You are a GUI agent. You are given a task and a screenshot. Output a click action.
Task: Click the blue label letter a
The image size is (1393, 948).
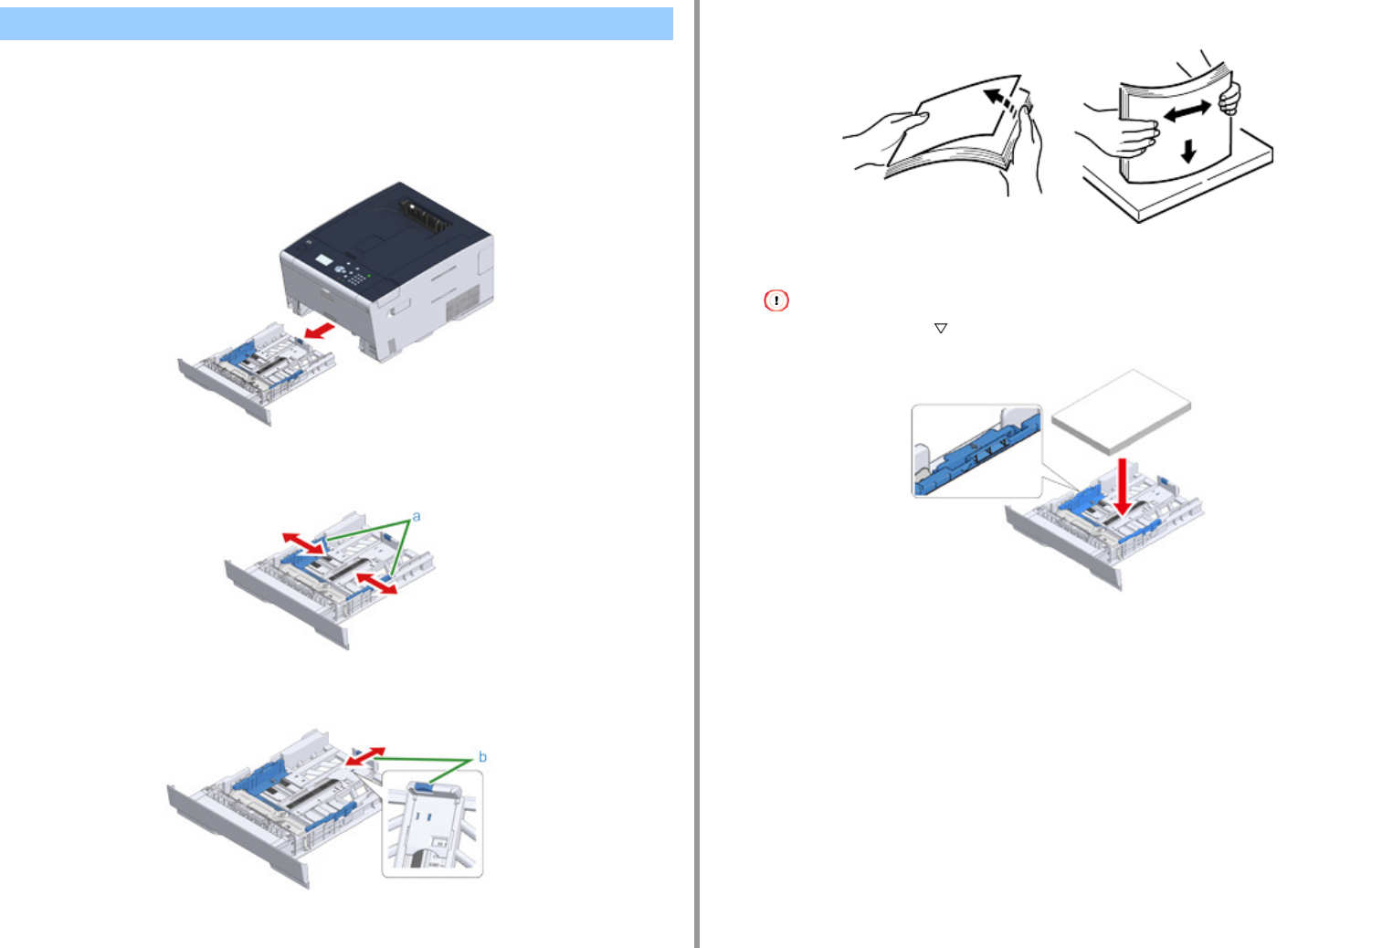[x=417, y=517]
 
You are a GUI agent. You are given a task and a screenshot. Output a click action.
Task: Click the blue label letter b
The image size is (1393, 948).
[x=482, y=756]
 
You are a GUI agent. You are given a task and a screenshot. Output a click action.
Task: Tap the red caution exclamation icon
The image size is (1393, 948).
[x=776, y=300]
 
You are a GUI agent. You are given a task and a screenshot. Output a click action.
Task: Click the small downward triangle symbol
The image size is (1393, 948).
[x=940, y=328]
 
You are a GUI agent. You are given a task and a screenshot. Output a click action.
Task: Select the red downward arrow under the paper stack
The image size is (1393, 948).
[x=1122, y=488]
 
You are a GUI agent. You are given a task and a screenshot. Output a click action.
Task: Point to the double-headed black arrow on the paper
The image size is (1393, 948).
[x=1187, y=111]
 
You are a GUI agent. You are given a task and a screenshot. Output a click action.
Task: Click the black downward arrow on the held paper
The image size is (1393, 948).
[x=1188, y=152]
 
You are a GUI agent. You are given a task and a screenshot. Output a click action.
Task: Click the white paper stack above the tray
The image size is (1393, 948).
[x=1121, y=412]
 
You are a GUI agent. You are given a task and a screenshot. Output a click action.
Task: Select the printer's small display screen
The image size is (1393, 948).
[x=323, y=260]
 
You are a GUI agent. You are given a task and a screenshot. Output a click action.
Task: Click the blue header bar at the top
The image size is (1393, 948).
[x=336, y=24]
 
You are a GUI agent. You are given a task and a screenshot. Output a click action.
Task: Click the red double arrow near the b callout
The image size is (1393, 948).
[x=365, y=756]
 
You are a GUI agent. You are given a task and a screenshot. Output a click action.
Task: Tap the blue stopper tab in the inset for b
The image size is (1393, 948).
[x=423, y=787]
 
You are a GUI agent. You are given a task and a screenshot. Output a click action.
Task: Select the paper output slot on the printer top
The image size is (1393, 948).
[x=425, y=216]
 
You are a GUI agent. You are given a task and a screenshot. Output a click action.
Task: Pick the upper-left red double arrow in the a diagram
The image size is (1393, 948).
[x=303, y=543]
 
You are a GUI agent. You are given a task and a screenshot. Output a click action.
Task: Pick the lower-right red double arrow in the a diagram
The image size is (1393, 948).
[x=377, y=584]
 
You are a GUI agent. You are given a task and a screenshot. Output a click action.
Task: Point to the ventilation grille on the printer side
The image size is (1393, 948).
[x=463, y=302]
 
